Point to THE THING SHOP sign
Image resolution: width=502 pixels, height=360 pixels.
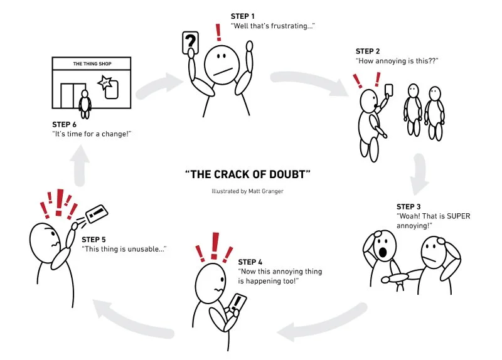[x=92, y=63]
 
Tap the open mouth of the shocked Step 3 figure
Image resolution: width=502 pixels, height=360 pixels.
[x=382, y=253]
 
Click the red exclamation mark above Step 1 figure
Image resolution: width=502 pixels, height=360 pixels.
[x=219, y=31]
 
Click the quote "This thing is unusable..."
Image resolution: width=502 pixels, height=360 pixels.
[x=124, y=248]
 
